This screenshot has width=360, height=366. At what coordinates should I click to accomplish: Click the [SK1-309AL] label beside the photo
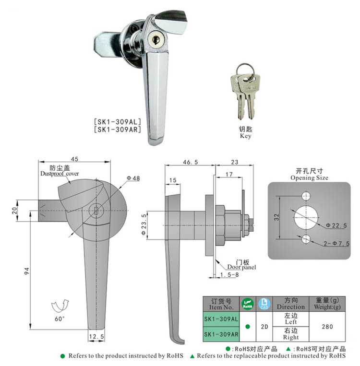[117, 122]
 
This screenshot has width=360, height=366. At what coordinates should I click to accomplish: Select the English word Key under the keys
[245, 136]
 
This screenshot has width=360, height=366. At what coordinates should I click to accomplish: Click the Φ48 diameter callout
[133, 178]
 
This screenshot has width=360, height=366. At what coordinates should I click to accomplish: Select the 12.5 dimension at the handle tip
[97, 337]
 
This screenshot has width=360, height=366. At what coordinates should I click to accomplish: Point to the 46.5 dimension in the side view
[191, 163]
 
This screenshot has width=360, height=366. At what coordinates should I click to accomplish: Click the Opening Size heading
[309, 177]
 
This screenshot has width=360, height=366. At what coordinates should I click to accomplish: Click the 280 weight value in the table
[327, 326]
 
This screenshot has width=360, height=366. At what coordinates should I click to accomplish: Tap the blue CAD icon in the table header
[264, 304]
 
